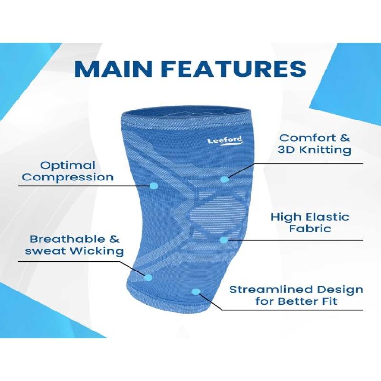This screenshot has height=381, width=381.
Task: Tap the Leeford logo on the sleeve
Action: tap(225, 141)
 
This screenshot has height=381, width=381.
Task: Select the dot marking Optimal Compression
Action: tap(153, 186)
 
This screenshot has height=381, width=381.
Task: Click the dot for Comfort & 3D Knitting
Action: tap(224, 180)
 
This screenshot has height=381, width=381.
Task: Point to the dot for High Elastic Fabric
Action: tap(224, 240)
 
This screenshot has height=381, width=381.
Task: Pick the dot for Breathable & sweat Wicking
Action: tap(149, 277)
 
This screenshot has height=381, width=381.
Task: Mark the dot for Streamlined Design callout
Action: tap(196, 291)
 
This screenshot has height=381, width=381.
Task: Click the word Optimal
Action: tap(68, 166)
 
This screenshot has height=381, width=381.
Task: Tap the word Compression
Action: tap(68, 177)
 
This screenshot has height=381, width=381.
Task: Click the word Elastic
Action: tap(328, 217)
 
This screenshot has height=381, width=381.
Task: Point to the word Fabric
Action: tap(310, 229)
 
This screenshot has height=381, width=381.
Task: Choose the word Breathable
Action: tap(65, 240)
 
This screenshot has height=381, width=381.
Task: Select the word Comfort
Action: tap(306, 138)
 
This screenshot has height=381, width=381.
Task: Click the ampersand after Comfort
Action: tap(344, 138)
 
